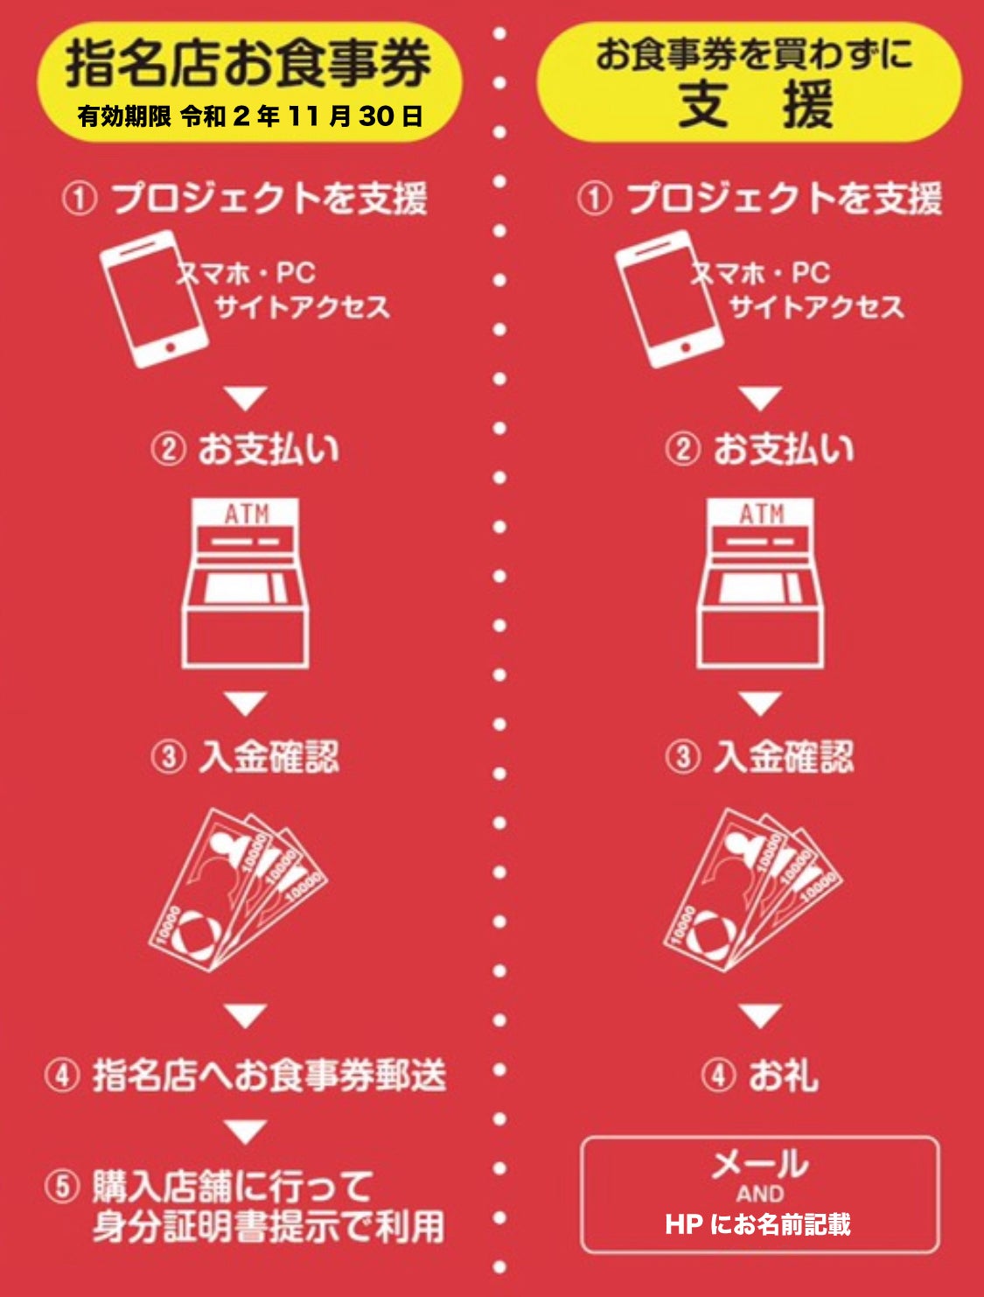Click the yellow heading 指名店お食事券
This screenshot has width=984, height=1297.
(248, 64)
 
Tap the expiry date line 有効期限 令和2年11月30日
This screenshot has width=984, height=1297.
(249, 116)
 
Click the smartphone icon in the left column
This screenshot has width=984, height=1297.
(153, 299)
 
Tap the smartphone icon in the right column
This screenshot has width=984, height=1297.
(669, 299)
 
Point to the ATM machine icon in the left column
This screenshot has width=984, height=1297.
(245, 583)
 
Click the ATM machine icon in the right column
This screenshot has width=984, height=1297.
(760, 583)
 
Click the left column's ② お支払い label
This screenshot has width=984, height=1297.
(245, 450)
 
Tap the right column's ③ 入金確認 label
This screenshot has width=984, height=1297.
(760, 757)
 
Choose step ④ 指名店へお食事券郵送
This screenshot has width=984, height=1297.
(245, 1075)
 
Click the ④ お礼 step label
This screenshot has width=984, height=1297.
(760, 1075)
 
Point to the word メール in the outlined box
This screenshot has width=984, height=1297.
(760, 1163)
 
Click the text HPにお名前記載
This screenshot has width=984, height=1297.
(758, 1223)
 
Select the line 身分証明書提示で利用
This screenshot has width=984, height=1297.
(269, 1227)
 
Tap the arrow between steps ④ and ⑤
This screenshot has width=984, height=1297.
(246, 1131)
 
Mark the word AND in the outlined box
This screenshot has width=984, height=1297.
(760, 1195)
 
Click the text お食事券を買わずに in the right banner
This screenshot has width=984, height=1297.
(754, 54)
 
